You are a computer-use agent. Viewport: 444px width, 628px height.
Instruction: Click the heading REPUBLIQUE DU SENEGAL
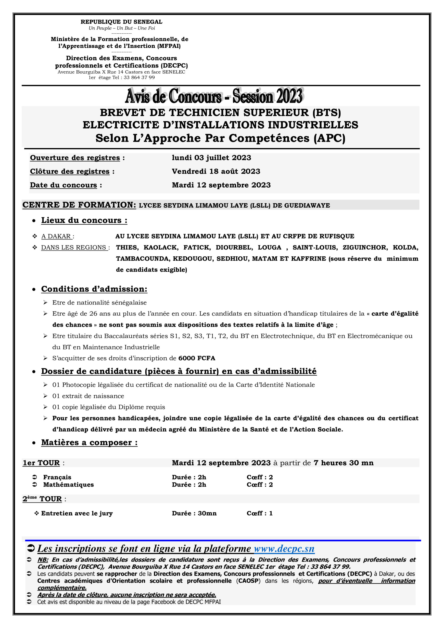(x=121, y=22)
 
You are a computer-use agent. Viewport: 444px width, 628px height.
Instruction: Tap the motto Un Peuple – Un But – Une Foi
(x=122, y=28)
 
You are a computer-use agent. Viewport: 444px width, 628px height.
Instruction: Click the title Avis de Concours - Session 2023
(x=214, y=96)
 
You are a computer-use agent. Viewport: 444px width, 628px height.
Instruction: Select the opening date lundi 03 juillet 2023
(x=211, y=158)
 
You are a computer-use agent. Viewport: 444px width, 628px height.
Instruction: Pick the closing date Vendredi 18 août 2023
(x=216, y=171)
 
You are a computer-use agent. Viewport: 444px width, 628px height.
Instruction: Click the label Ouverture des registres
(x=75, y=158)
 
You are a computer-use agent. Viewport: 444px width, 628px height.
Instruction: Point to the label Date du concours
(x=63, y=185)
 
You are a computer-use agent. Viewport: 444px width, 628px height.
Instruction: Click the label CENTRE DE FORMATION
(x=79, y=205)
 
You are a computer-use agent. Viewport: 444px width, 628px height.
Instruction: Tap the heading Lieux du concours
(x=84, y=221)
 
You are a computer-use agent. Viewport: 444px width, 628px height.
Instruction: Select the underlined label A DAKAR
(x=57, y=236)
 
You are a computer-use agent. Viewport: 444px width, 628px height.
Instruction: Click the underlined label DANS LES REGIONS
(x=74, y=248)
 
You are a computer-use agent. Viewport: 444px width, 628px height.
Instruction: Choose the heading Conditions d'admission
(x=94, y=289)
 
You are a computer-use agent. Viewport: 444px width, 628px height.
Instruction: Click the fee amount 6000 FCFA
(x=197, y=358)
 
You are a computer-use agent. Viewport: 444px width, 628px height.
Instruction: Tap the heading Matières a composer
(x=89, y=443)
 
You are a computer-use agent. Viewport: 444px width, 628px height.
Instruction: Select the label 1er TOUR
(x=41, y=463)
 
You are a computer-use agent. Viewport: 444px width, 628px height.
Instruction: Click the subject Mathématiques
(x=68, y=485)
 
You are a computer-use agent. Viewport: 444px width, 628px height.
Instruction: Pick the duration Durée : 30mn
(x=194, y=513)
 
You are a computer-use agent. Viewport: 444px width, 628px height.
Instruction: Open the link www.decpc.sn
(x=284, y=549)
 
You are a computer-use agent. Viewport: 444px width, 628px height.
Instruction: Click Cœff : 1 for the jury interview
(x=259, y=513)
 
